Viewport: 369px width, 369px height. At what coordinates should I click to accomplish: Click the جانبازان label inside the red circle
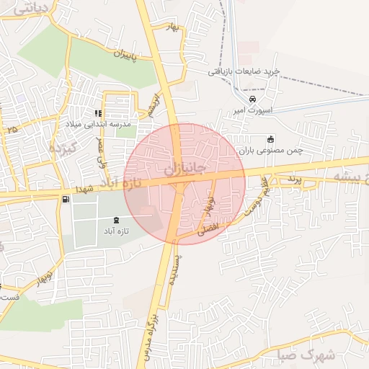pyautogui.click(x=185, y=169)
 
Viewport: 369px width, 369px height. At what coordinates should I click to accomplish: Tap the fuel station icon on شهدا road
pyautogui.click(x=66, y=198)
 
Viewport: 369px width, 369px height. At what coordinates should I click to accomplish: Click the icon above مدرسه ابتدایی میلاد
pyautogui.click(x=98, y=113)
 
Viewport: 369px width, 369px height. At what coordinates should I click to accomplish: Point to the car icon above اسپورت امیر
pyautogui.click(x=252, y=99)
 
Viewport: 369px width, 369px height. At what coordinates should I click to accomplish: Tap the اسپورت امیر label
pyautogui.click(x=249, y=110)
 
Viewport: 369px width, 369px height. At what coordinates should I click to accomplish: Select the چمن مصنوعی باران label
pyautogui.click(x=271, y=151)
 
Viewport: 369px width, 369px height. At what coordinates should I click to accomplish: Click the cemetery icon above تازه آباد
pyautogui.click(x=117, y=219)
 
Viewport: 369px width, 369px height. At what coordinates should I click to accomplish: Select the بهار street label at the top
pyautogui.click(x=172, y=27)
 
